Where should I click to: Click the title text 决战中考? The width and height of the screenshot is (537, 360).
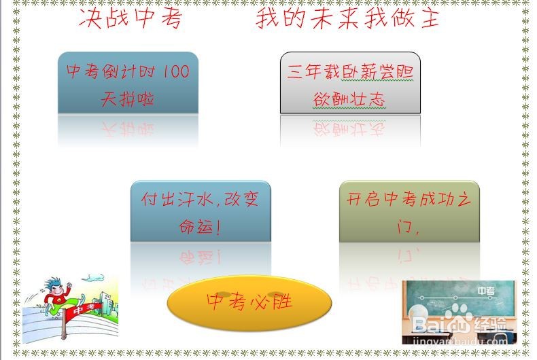[131, 18]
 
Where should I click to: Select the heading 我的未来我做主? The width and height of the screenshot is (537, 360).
[347, 18]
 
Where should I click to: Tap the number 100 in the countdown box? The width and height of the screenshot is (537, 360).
[176, 71]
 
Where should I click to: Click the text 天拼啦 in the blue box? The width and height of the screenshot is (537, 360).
[127, 99]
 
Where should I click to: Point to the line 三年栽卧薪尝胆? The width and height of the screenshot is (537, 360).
[350, 72]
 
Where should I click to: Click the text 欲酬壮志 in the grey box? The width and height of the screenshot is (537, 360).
[349, 99]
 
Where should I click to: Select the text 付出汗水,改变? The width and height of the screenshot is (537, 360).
[200, 200]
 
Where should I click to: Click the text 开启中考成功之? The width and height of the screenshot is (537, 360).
[409, 200]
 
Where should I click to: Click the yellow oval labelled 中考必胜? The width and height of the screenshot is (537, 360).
[249, 301]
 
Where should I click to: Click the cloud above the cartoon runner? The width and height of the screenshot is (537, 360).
[94, 278]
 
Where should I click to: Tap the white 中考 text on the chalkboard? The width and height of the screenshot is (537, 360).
[486, 291]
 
